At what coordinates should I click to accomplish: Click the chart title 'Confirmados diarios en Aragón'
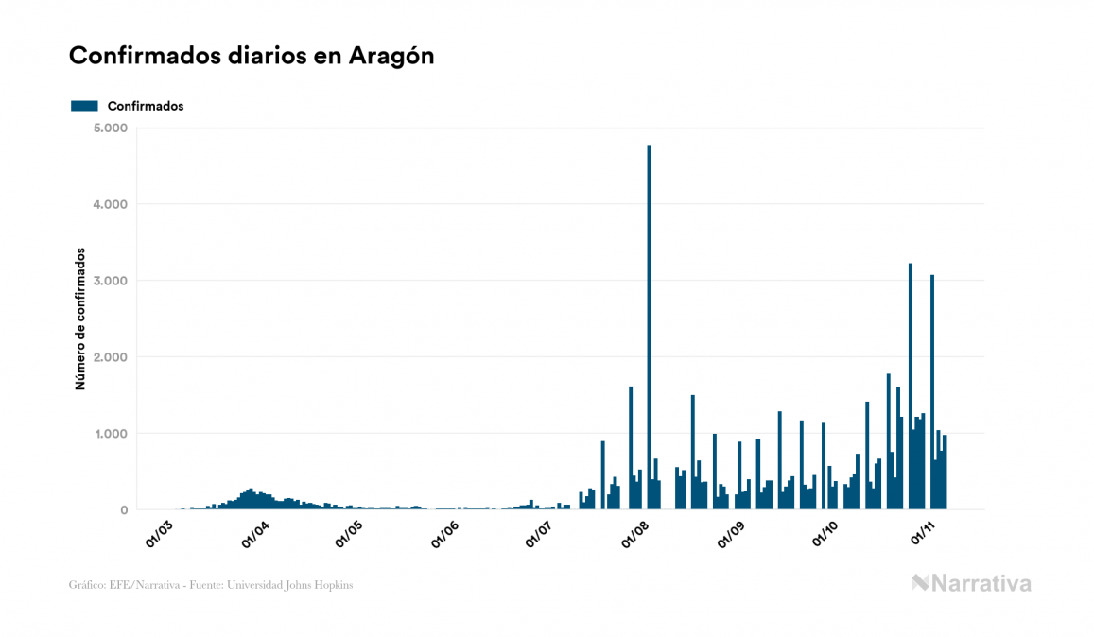252,56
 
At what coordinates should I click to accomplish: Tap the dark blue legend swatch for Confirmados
84,106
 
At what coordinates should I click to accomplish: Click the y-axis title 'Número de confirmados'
80,319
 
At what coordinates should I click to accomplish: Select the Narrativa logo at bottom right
971,583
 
